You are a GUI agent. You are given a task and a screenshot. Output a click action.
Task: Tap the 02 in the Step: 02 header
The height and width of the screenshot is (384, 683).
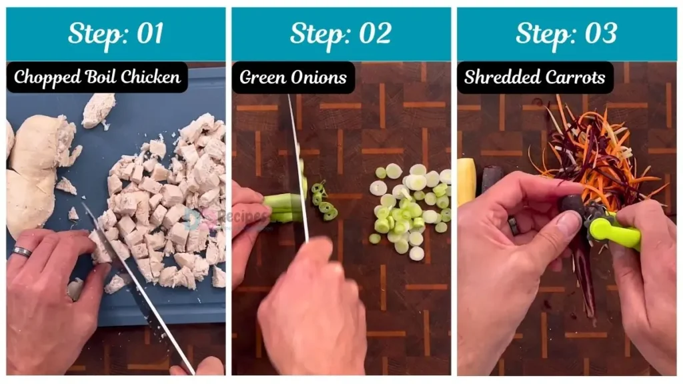pos(374,33)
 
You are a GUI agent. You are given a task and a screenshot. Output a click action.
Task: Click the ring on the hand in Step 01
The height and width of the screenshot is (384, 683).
pos(21,252)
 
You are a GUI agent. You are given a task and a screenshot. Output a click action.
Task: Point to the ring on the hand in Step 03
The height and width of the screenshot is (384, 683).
pos(514,225)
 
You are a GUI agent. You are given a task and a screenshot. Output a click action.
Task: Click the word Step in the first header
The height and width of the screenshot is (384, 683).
pos(92,33)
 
